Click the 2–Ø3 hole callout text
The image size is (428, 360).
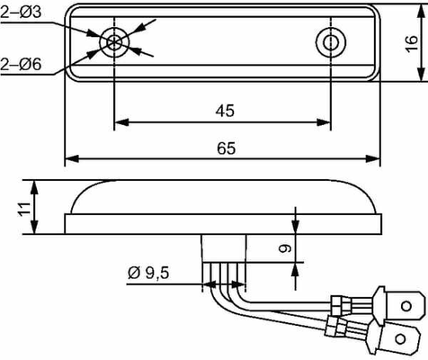(x=21, y=13)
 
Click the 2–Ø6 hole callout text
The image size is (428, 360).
(x=21, y=64)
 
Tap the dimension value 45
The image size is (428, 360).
(x=225, y=111)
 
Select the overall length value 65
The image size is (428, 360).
(x=227, y=148)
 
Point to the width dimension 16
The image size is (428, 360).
(x=412, y=44)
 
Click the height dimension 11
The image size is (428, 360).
(x=24, y=209)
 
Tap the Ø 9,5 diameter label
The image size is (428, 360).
(x=148, y=273)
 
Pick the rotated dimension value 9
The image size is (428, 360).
(x=285, y=248)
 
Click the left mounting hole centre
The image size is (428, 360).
(x=114, y=42)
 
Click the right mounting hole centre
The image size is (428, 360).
(x=331, y=42)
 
